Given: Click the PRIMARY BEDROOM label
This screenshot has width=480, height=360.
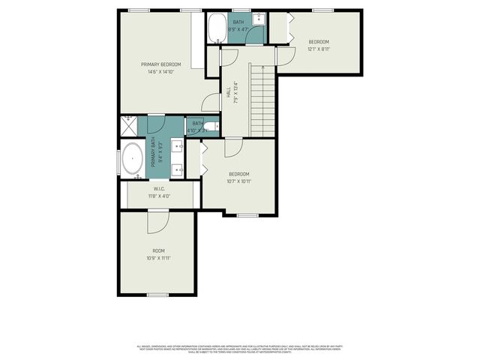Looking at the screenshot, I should click(x=161, y=64).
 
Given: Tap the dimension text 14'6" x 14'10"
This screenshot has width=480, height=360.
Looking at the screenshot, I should click(x=161, y=72).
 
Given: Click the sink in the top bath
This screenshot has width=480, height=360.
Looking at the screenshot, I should click(x=257, y=19).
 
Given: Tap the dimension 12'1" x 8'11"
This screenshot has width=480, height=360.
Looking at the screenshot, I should click(x=318, y=49).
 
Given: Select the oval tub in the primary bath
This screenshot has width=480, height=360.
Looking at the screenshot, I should click(x=133, y=159).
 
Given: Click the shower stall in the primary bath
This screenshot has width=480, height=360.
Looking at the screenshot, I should click(x=128, y=124).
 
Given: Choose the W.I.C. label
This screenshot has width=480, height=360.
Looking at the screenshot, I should click(x=160, y=189).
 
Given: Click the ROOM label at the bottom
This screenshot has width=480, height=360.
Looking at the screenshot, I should click(x=158, y=250).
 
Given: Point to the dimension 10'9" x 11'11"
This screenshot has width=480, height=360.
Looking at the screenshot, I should click(x=158, y=258).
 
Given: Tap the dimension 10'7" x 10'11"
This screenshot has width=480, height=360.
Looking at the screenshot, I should click(x=238, y=181).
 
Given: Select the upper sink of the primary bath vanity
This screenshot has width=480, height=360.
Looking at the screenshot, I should click(x=178, y=145).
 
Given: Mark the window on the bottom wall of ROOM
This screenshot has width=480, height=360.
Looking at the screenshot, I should click(x=157, y=295).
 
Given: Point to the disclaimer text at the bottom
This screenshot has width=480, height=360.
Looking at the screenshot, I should click(x=240, y=348).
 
